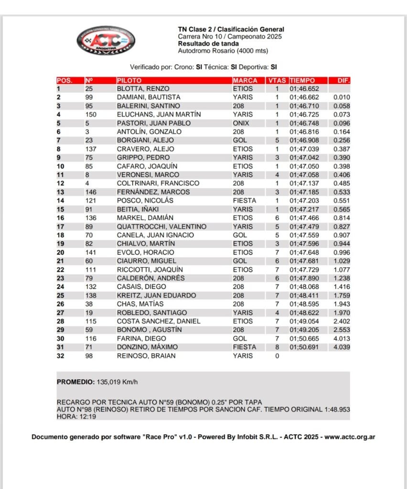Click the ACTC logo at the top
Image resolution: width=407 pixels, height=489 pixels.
(106, 40)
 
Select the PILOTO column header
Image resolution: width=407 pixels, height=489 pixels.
(129, 80)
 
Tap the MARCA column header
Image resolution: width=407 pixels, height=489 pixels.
(245, 80)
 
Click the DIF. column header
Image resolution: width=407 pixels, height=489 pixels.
(343, 80)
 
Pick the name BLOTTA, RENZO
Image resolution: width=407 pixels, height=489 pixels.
(143, 89)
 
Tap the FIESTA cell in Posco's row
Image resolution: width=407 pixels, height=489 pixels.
(244, 201)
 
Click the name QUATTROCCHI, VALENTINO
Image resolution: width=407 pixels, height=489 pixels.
(162, 226)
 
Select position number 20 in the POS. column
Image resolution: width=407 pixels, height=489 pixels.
(61, 252)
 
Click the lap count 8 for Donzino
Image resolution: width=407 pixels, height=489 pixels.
(277, 347)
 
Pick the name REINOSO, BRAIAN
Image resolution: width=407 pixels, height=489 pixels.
(146, 355)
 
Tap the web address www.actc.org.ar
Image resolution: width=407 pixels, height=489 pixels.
(350, 436)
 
